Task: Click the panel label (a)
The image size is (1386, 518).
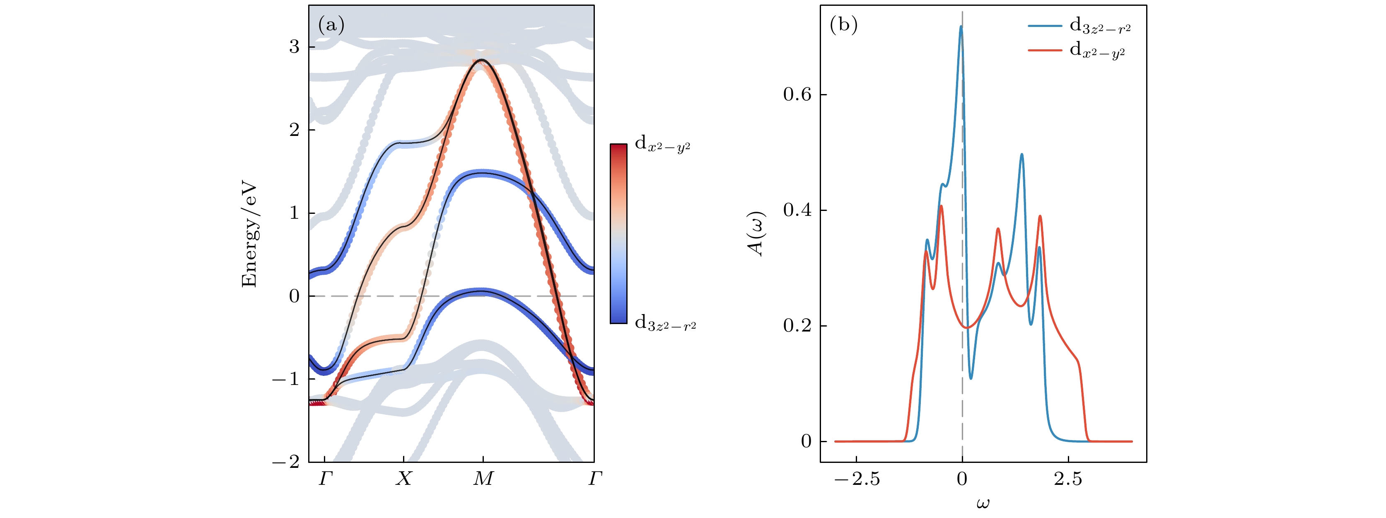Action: tap(331, 25)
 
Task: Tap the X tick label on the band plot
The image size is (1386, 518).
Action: tap(403, 479)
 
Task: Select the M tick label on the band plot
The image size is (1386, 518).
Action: tap(483, 479)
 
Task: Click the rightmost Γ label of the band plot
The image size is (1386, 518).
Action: tap(594, 479)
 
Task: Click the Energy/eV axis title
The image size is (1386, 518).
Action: tap(249, 234)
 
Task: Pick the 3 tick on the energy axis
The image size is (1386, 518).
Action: tap(294, 47)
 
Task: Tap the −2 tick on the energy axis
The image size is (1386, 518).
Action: tap(286, 462)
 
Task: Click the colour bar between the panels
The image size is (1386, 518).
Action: tap(618, 234)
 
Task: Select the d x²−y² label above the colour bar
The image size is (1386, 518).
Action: tap(662, 144)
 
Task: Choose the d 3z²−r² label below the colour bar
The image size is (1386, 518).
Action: tap(665, 323)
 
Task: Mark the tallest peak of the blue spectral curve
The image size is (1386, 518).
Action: tap(961, 27)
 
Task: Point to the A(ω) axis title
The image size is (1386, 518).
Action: tap(756, 234)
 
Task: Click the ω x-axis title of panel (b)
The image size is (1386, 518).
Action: tap(983, 503)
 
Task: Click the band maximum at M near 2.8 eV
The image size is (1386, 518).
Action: tap(482, 61)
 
